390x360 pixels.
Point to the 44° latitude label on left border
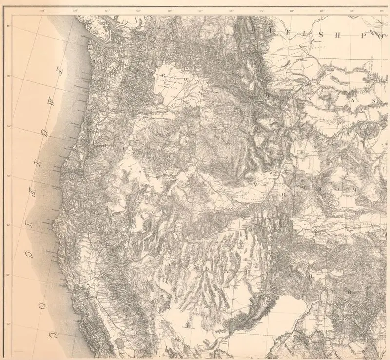pyautogui.click(x=9, y=126)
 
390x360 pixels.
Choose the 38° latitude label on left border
pyautogui.click(x=9, y=276)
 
